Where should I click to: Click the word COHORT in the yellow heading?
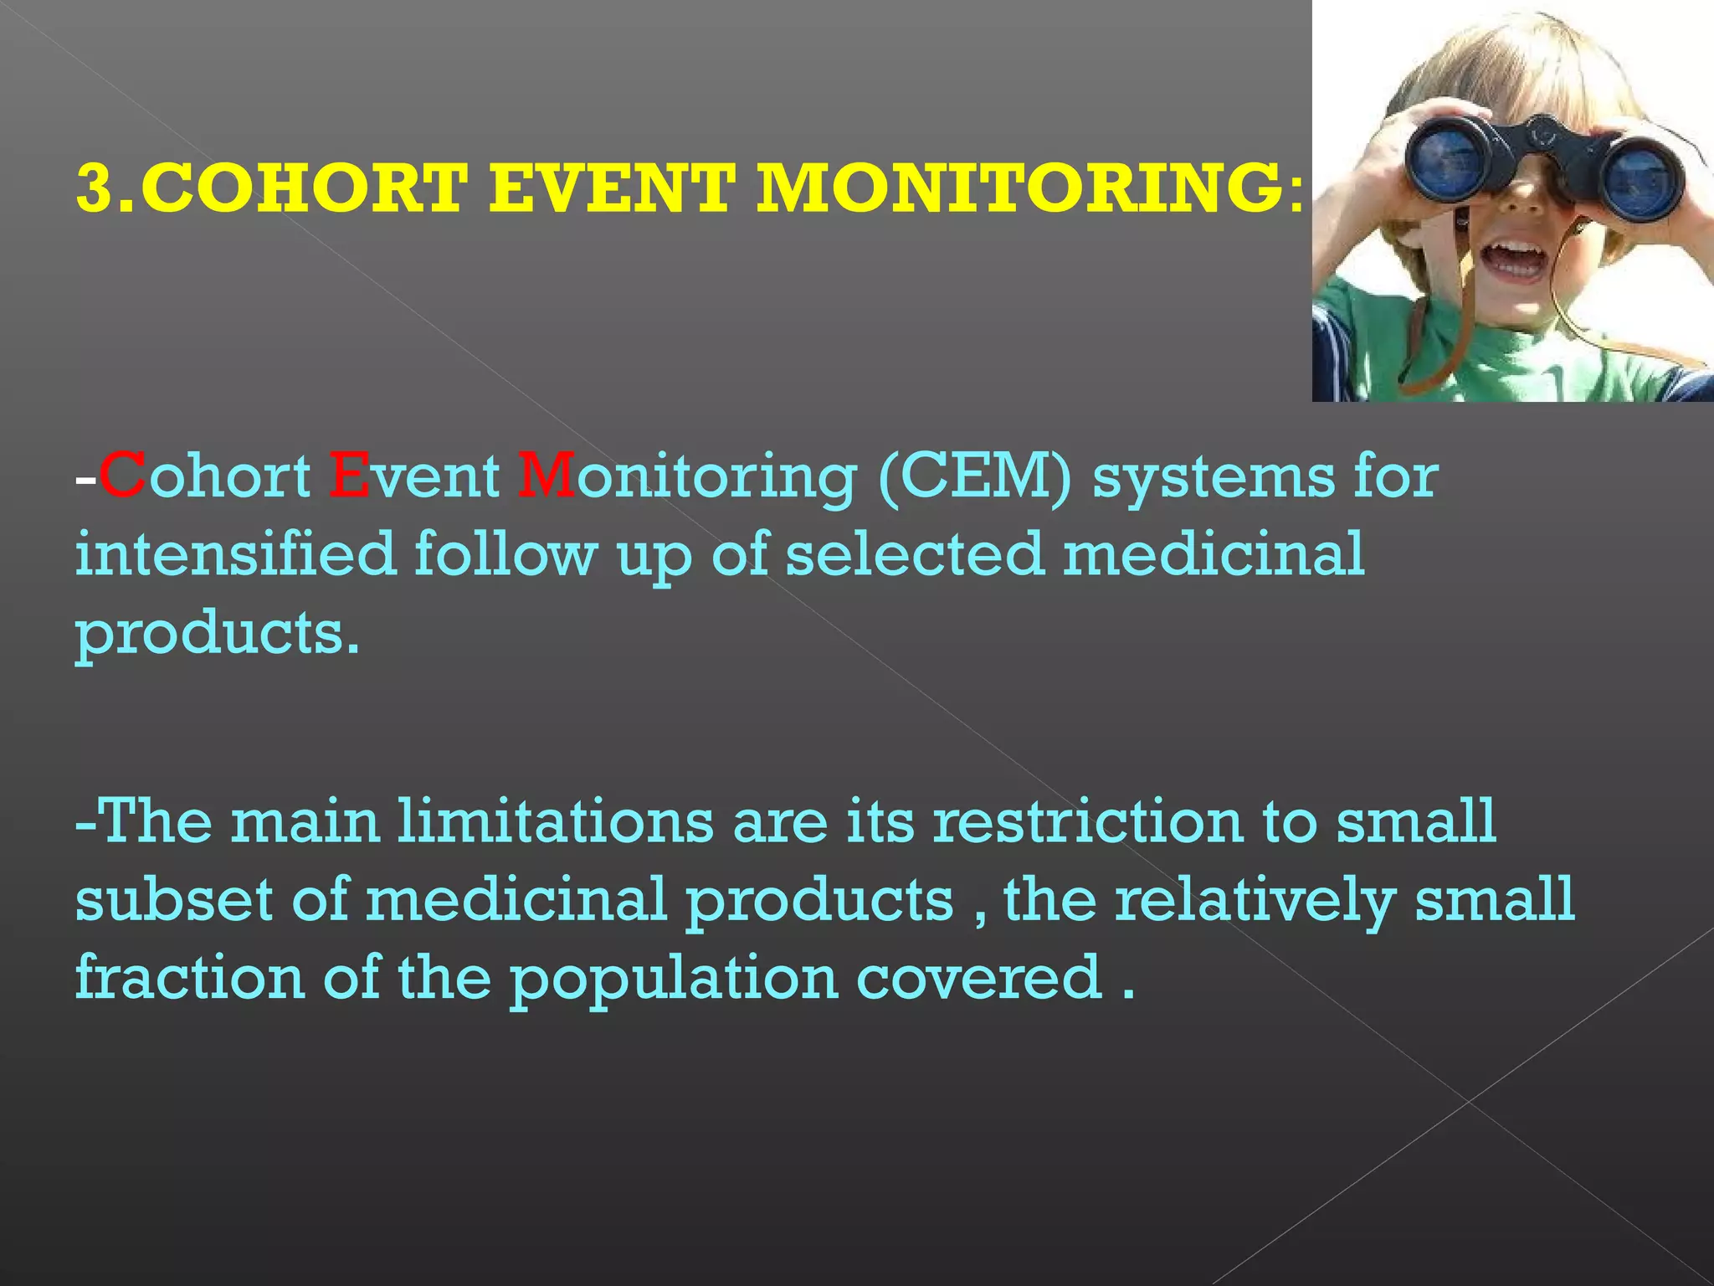click(x=305, y=188)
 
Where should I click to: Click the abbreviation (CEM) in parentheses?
click(x=975, y=477)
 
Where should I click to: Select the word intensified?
click(x=235, y=554)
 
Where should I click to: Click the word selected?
click(x=915, y=554)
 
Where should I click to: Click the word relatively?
click(x=1255, y=901)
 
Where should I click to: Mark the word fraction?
click(x=189, y=977)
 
